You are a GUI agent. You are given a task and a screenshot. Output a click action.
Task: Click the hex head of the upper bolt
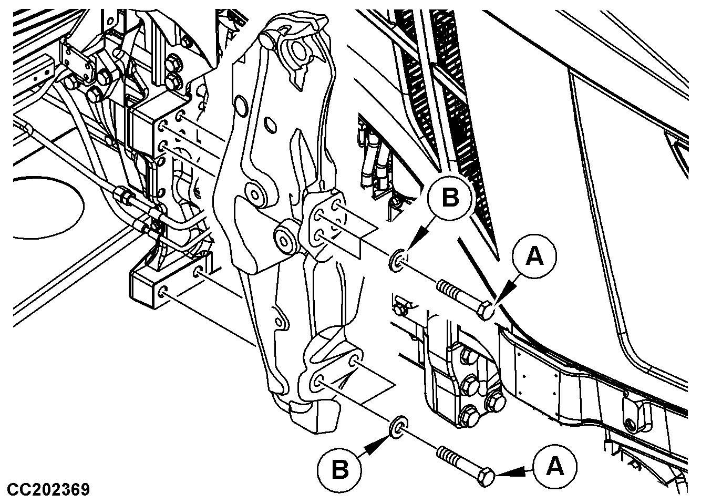click(x=486, y=312)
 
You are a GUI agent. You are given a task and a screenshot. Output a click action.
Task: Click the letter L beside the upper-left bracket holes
click(x=199, y=135)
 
